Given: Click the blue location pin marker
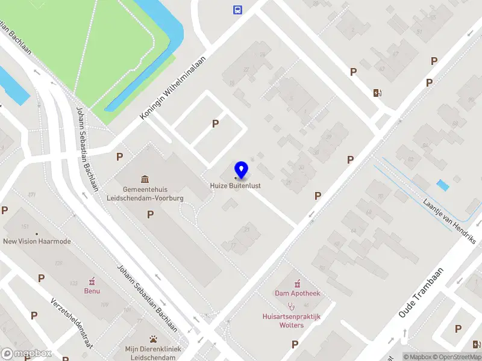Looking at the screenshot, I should point(242,170).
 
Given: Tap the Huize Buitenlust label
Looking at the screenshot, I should point(235,185).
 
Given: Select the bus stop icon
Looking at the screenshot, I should point(238,9).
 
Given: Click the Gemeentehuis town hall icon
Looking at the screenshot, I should point(145,179).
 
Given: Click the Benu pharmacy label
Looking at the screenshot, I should point(92,291).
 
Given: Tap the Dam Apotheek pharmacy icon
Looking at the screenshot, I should point(297,283).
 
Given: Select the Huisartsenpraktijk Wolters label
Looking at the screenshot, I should point(292,321).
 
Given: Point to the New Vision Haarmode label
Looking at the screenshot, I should point(37,241).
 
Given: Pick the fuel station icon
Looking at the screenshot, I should point(377,93).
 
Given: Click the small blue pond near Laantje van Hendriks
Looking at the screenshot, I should point(443,185).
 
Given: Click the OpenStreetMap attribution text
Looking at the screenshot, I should point(459,357).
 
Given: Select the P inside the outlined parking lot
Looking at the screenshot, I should point(215,123).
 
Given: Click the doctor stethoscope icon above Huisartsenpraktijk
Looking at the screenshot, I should point(292,306).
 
